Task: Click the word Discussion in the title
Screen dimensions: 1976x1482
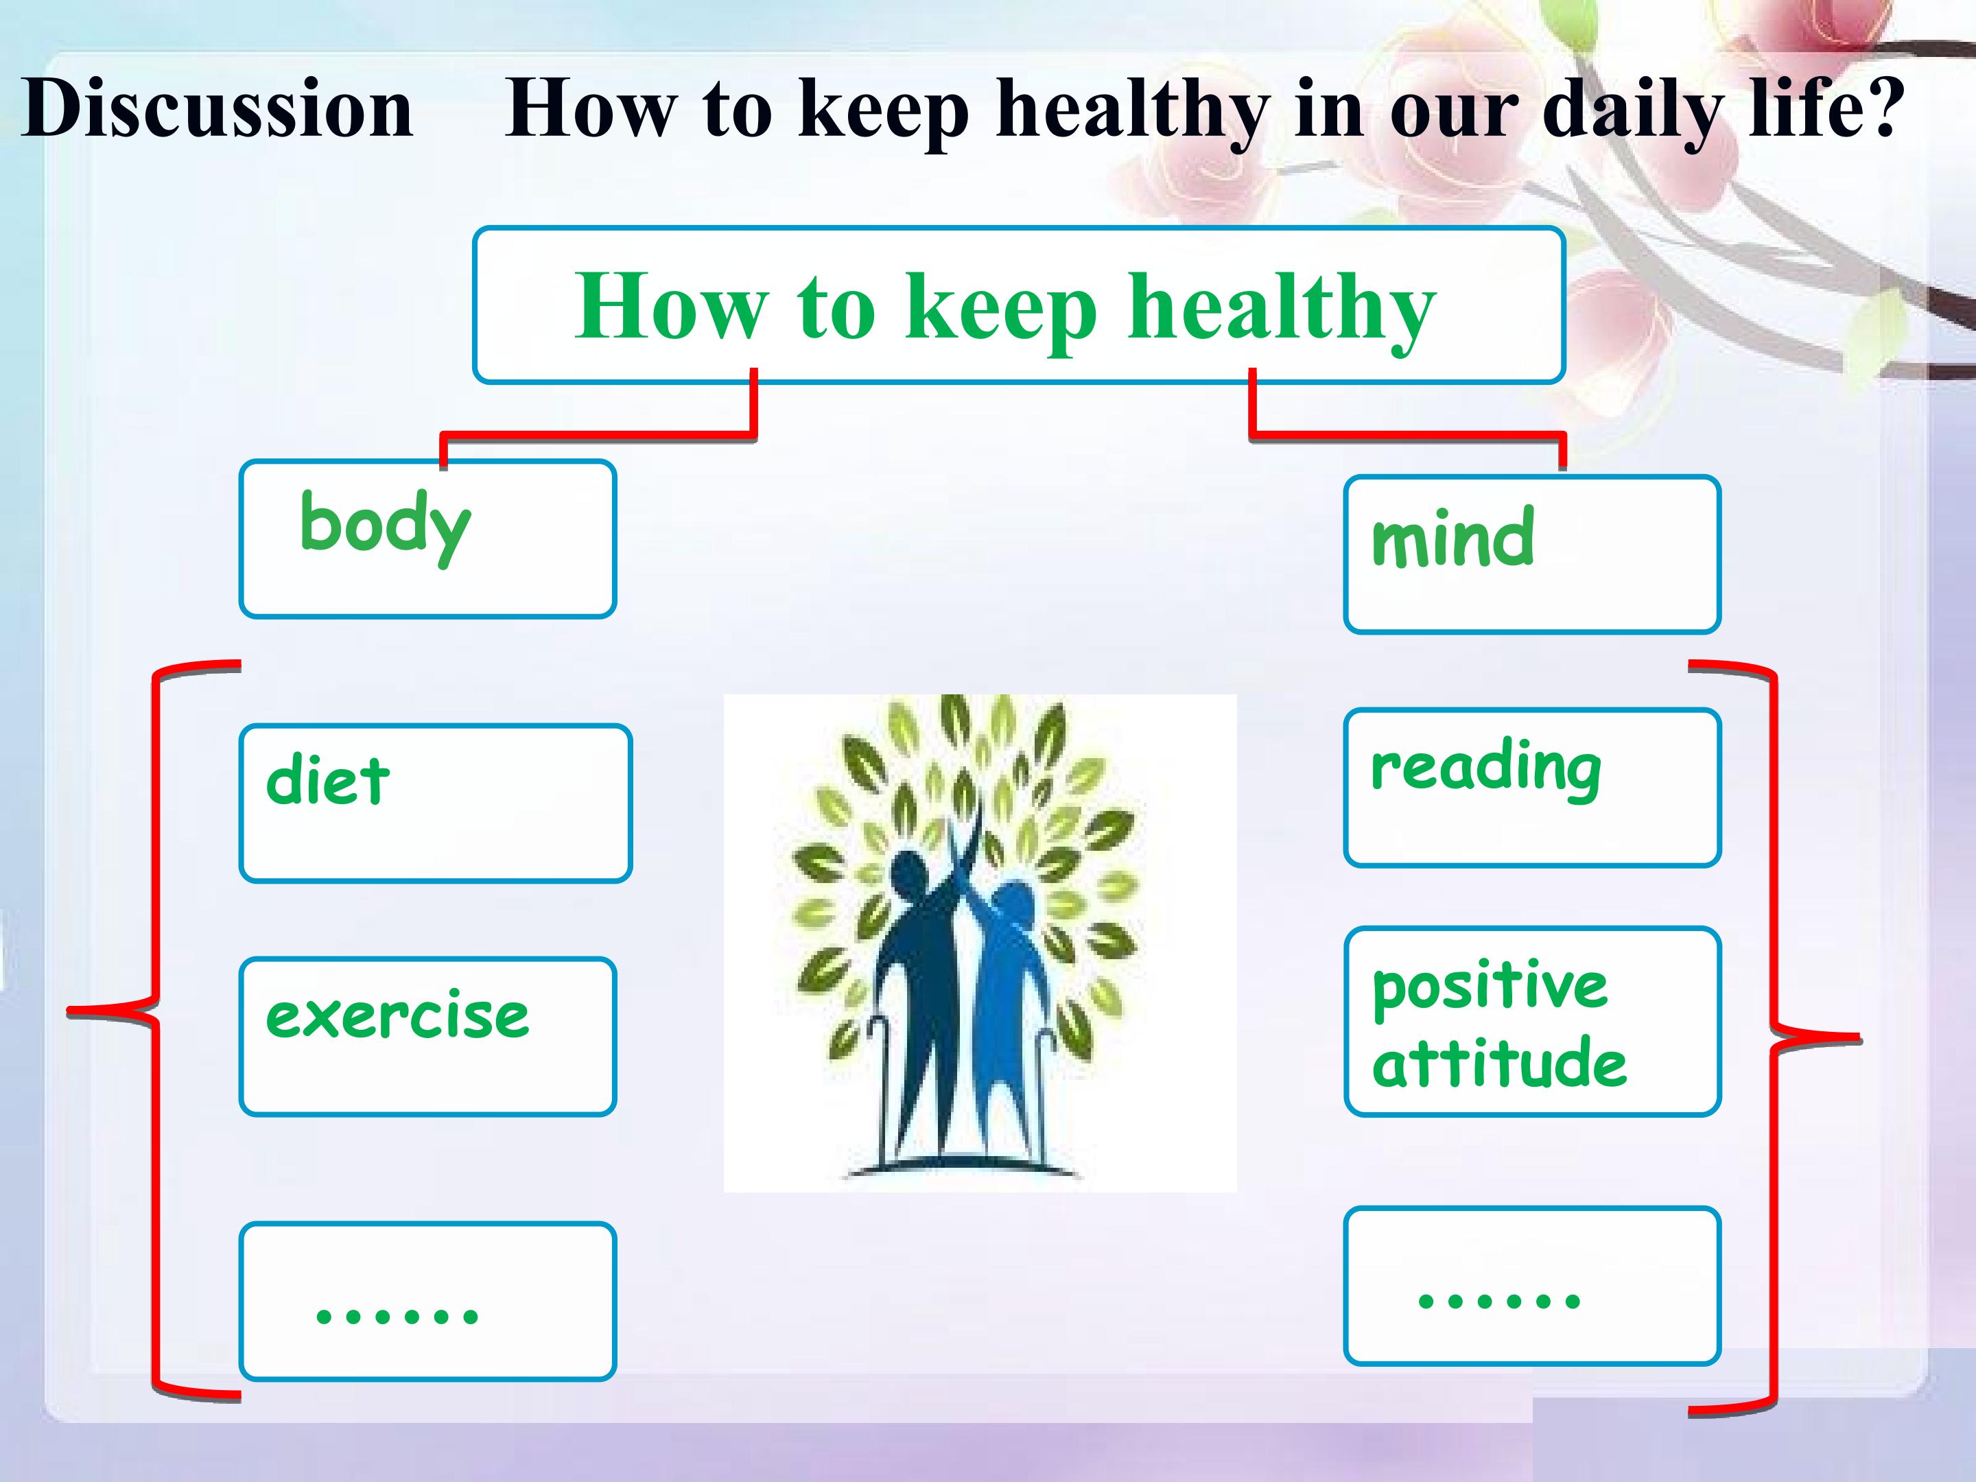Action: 217,108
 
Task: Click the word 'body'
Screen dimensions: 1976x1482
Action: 385,526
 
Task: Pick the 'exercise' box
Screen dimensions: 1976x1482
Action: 428,1036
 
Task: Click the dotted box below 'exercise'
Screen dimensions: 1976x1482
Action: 428,1301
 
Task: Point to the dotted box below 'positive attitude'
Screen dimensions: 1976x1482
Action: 1532,1286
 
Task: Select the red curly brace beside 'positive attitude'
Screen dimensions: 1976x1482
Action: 1772,1036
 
